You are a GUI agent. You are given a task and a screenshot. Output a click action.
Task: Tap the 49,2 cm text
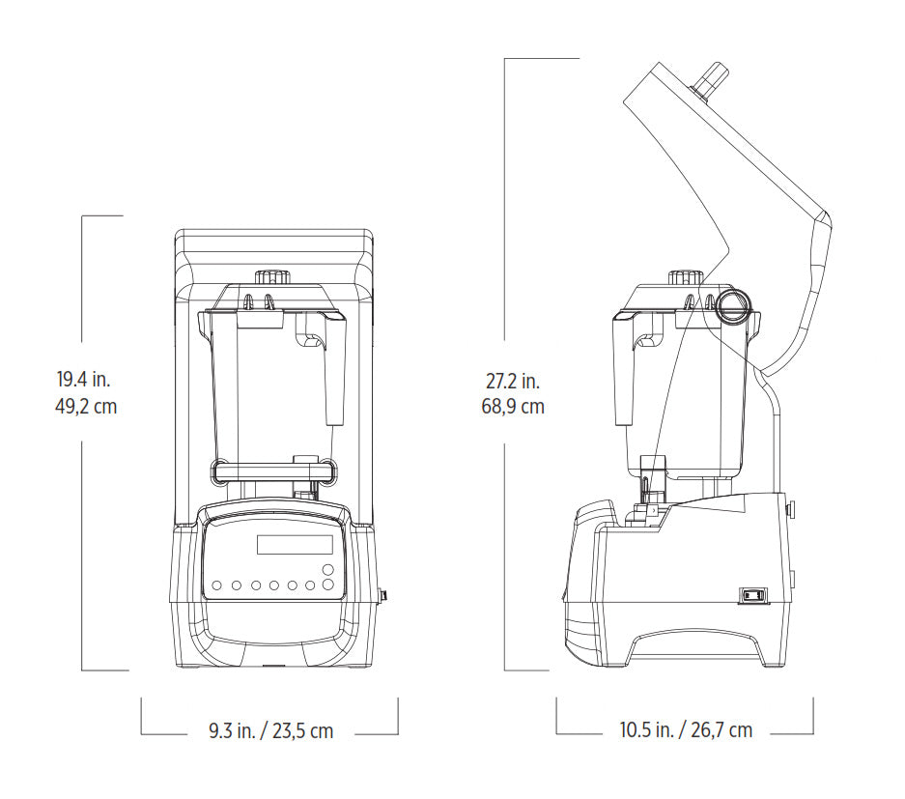click(85, 407)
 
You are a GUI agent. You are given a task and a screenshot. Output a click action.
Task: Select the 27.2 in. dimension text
click(513, 381)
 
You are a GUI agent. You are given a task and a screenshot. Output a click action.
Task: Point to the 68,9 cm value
click(513, 407)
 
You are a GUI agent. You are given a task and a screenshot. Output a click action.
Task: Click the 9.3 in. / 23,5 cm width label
click(270, 731)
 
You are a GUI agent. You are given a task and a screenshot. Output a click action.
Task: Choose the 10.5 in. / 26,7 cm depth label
click(686, 731)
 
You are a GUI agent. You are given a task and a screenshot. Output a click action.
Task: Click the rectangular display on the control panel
click(300, 544)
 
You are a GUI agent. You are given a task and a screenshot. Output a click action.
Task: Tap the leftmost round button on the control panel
click(217, 585)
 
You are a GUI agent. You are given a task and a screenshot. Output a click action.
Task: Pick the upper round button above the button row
click(328, 569)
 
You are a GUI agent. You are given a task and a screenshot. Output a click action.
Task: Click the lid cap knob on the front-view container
click(271, 275)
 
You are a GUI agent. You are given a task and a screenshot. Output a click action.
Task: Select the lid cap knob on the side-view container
click(686, 276)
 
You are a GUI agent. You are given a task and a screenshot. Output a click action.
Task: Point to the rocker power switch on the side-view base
click(752, 596)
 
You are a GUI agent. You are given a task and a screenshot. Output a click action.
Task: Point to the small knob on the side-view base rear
click(790, 509)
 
